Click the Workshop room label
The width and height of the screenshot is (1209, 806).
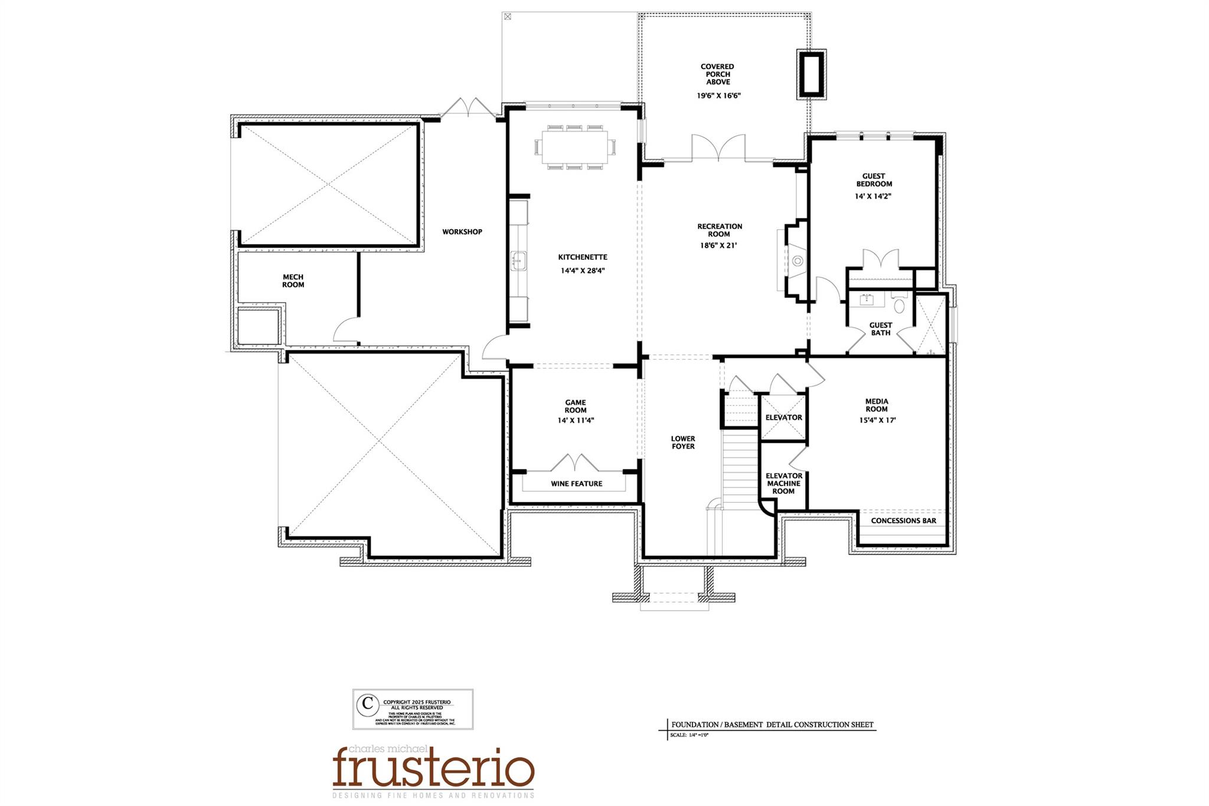[x=462, y=232]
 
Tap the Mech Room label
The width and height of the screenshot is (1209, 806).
[x=293, y=280]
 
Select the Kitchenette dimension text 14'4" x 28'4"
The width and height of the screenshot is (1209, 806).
[x=583, y=271]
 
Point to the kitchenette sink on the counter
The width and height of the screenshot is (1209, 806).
[x=518, y=260]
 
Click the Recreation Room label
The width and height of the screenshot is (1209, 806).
[x=719, y=230]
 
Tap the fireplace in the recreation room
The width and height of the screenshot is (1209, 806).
[x=796, y=260]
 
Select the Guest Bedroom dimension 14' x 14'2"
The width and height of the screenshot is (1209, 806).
[x=873, y=196]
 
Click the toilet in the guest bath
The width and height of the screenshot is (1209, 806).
[x=899, y=305]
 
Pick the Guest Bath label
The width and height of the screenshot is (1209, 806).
[x=880, y=329]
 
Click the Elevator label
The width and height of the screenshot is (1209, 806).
[x=783, y=417]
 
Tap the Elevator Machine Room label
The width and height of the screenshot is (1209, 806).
[x=783, y=483]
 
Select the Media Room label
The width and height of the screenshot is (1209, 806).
[x=877, y=405]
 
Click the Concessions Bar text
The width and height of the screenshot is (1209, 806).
[x=903, y=521]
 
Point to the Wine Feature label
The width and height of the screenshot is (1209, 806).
[x=576, y=484]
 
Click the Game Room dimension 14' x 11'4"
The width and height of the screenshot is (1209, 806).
[x=576, y=420]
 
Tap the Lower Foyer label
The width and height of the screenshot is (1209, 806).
[x=682, y=442]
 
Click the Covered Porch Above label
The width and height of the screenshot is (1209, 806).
[x=717, y=74]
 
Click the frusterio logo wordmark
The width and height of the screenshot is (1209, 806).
[x=433, y=768]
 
